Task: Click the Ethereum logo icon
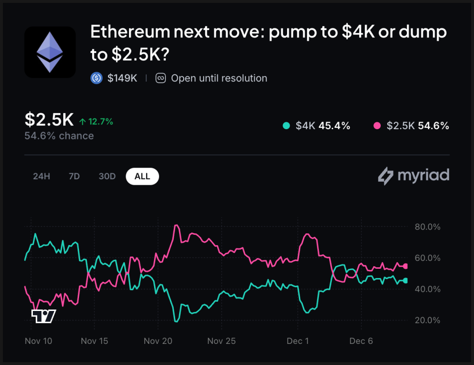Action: (x=50, y=52)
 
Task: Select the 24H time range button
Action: (x=42, y=176)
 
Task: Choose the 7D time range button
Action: (x=74, y=176)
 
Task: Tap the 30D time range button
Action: (x=107, y=176)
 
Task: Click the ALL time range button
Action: (x=142, y=176)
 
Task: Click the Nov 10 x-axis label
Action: (x=38, y=341)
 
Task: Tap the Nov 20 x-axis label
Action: (x=158, y=341)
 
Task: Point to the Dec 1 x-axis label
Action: (x=298, y=341)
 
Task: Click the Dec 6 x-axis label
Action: (x=361, y=341)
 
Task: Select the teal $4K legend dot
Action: (x=286, y=126)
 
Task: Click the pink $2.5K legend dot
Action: (x=377, y=126)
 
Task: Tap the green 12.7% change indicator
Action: (x=96, y=121)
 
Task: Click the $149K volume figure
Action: (x=122, y=78)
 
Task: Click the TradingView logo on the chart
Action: (x=43, y=316)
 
